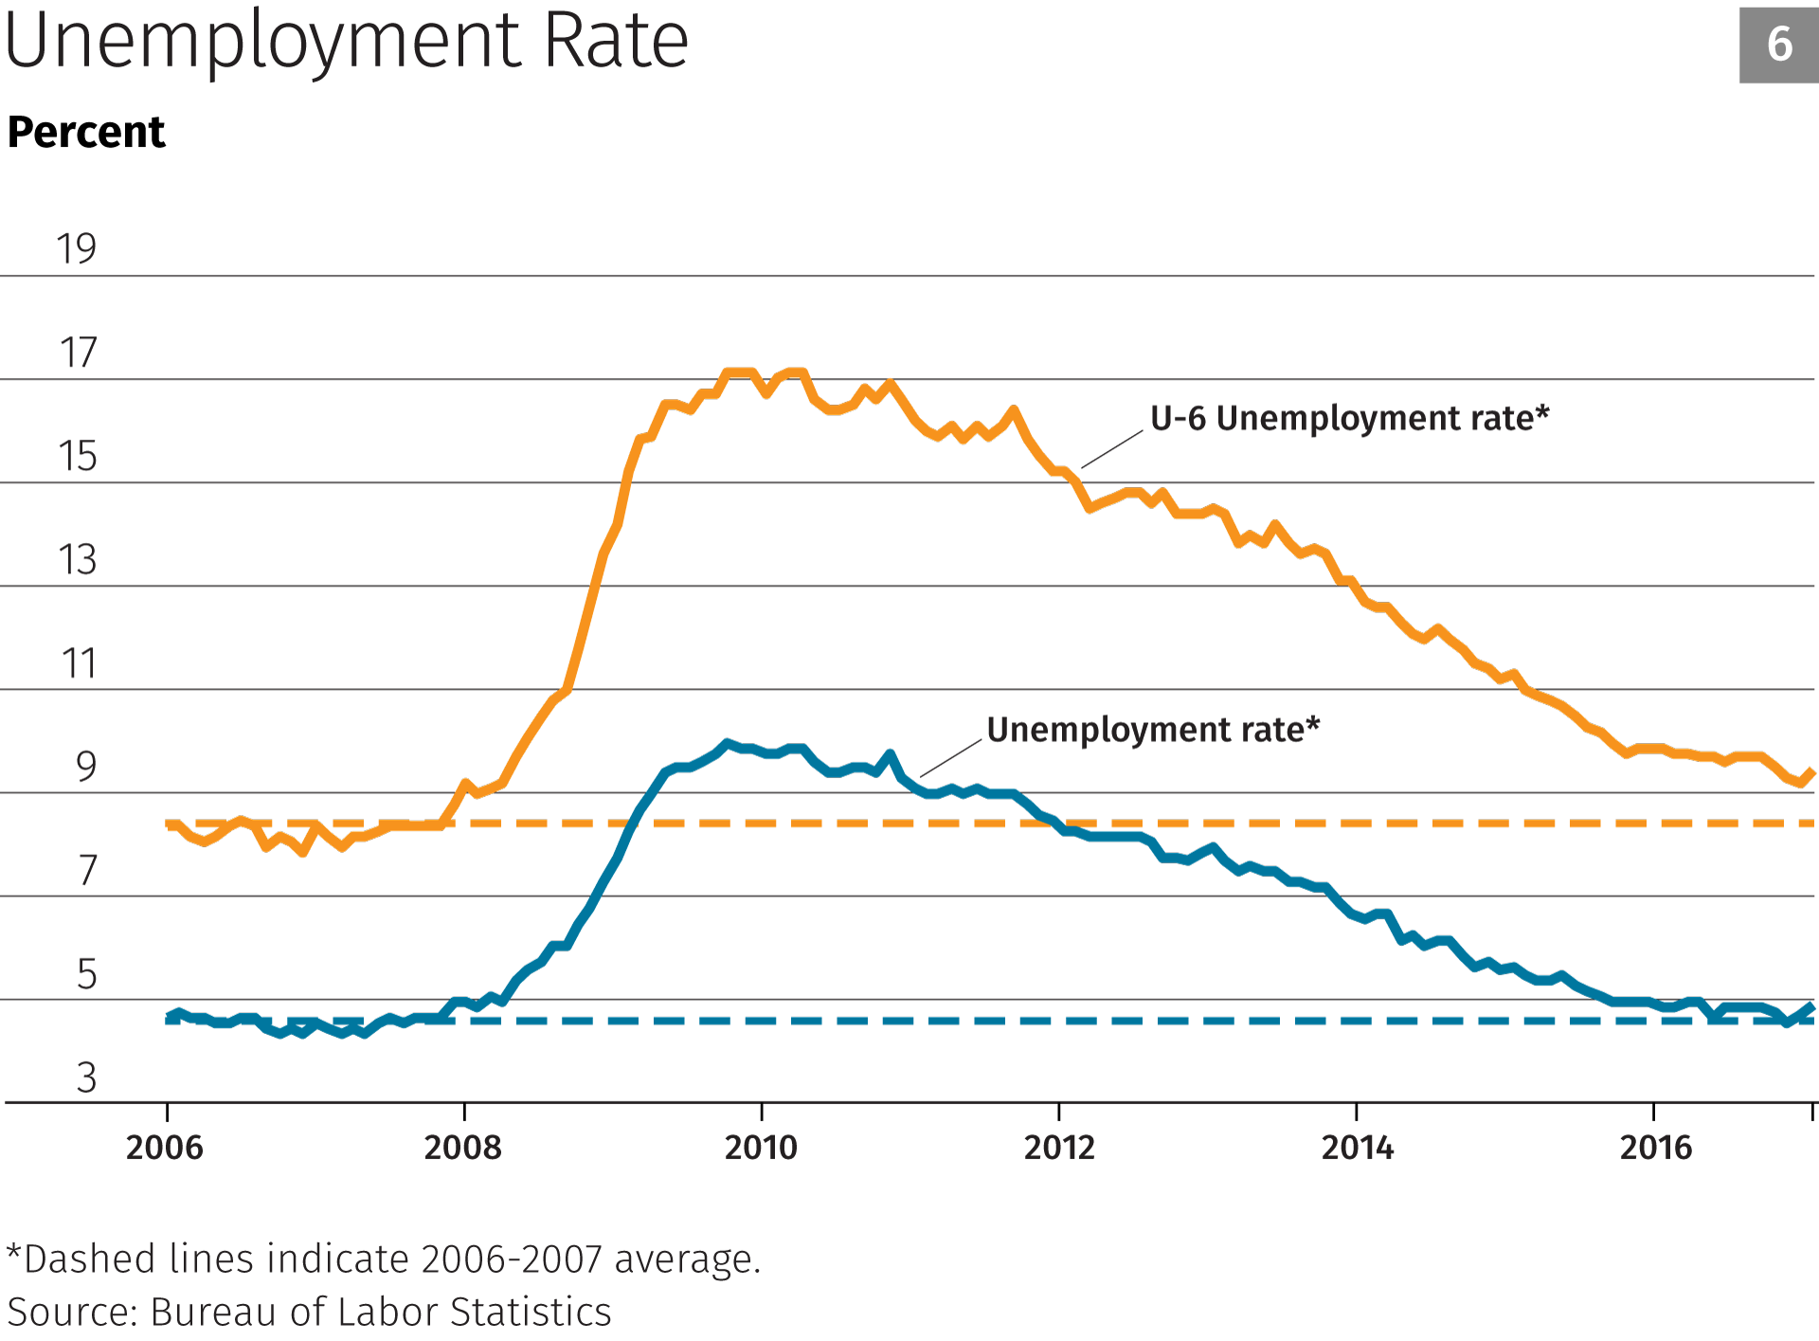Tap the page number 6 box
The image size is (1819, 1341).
[1778, 45]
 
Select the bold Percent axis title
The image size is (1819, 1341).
[86, 132]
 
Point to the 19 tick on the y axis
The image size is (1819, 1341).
[76, 249]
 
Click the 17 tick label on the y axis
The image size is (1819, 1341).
[78, 353]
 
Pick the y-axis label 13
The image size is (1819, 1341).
[78, 560]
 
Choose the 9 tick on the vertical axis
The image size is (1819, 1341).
[86, 767]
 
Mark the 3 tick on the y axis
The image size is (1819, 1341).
[86, 1078]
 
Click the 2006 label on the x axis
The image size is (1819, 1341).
[165, 1148]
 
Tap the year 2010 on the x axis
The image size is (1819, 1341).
[761, 1148]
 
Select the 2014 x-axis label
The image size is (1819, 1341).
[1357, 1148]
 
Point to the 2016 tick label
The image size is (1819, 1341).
[1655, 1148]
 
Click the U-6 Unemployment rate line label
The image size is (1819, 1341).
[1349, 418]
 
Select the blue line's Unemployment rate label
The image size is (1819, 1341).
[1153, 730]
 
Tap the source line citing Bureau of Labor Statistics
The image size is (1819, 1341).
[309, 1313]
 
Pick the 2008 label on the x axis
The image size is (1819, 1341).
[462, 1148]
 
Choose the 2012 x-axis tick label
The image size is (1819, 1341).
[1059, 1148]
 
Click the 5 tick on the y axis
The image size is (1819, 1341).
[86, 974]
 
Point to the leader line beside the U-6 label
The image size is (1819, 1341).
[1112, 449]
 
